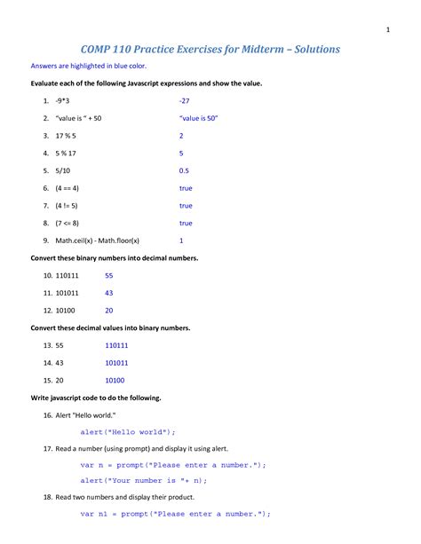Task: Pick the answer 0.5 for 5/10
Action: [x=184, y=170]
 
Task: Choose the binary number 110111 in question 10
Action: [x=68, y=276]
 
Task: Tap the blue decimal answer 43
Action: [x=109, y=293]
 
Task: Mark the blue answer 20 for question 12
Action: [x=109, y=311]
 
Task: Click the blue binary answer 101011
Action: [x=116, y=363]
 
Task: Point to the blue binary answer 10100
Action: [x=115, y=380]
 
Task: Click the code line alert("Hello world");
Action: [x=129, y=431]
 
